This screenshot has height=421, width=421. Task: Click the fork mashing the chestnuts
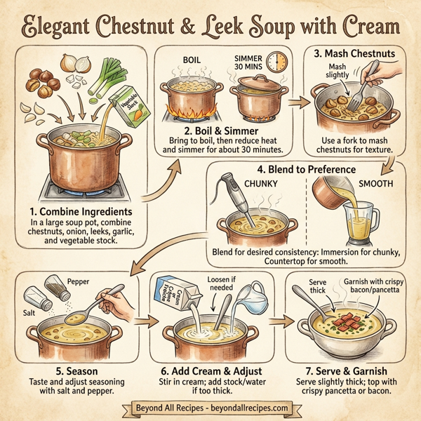[365, 87]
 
